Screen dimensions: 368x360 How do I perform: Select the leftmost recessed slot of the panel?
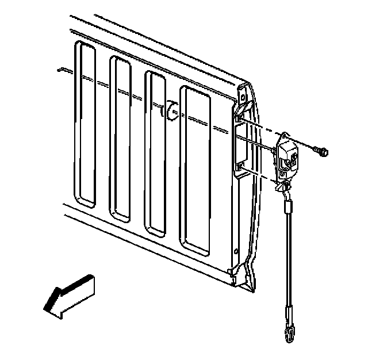(x=86, y=124)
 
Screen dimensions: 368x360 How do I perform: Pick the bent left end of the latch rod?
(x=59, y=70)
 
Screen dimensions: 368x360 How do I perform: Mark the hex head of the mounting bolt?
(x=324, y=152)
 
